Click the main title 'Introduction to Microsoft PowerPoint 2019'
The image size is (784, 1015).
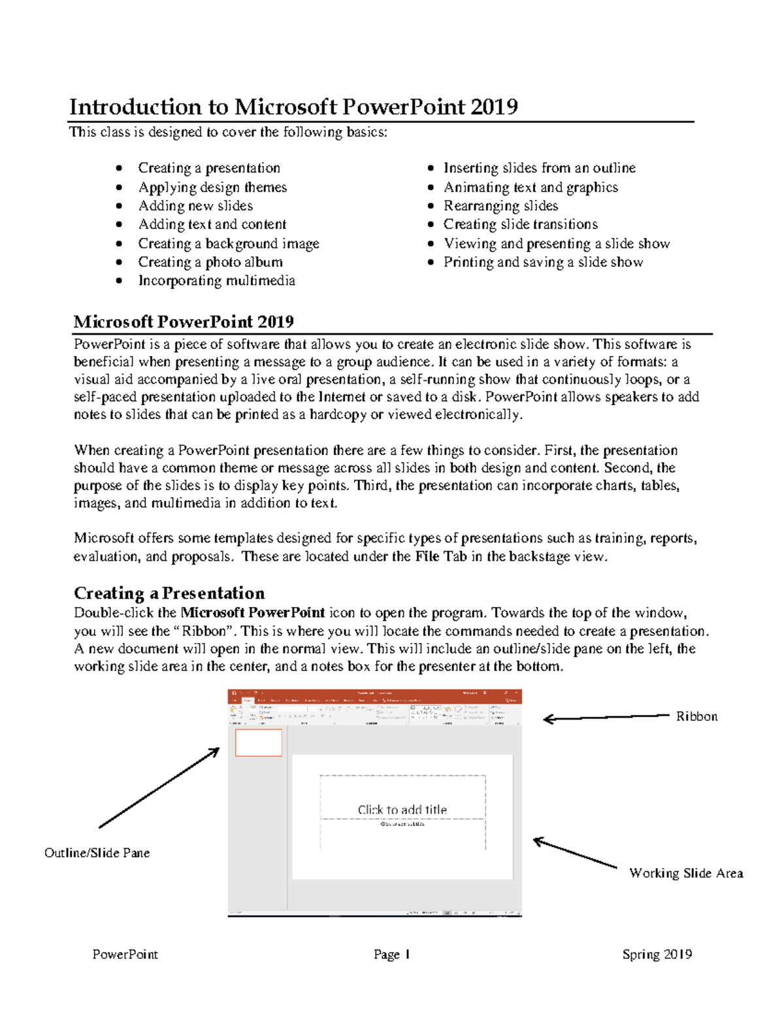(293, 107)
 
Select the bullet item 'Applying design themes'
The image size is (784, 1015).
(212, 187)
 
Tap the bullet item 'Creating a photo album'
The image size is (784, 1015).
(210, 262)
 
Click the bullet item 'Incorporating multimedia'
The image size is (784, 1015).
(216, 280)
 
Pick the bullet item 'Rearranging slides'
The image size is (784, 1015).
(500, 206)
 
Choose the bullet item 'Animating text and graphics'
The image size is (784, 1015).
(531, 187)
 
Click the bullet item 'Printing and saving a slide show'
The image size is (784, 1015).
(543, 262)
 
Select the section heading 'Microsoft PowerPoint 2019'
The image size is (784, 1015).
(184, 322)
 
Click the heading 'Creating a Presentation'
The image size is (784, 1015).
(169, 593)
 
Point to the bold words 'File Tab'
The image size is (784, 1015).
(441, 556)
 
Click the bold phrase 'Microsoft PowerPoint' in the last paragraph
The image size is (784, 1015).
(252, 612)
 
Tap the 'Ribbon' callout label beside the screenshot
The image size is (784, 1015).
(696, 716)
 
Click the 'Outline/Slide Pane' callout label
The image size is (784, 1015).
(97, 853)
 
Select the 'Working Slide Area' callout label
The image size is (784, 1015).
(686, 873)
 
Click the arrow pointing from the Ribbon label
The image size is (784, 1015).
(608, 718)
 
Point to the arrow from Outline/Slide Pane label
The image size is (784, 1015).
(159, 788)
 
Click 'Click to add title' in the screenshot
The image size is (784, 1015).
(402, 809)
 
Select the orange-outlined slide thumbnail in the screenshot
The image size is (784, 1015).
(258, 742)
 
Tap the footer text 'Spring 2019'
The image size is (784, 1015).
(657, 954)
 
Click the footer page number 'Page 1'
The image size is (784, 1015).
(391, 954)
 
